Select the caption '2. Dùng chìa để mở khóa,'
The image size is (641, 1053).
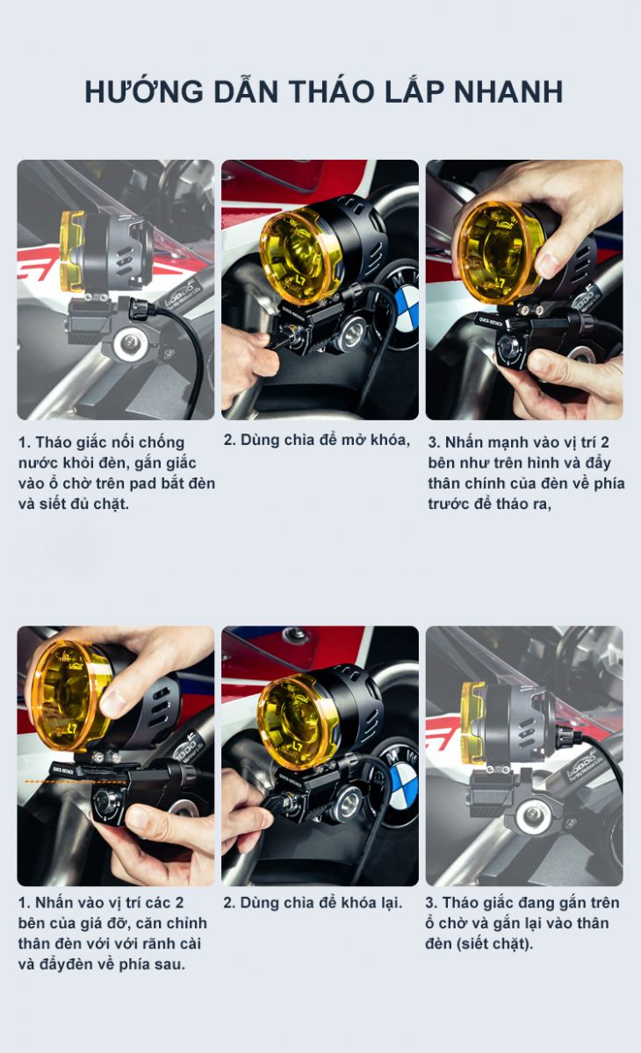click(x=317, y=440)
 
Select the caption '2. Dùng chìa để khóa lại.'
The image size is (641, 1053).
click(x=313, y=903)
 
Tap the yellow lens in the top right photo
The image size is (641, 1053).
click(x=499, y=252)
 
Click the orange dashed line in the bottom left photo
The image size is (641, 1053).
click(x=76, y=782)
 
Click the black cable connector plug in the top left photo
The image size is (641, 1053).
click(x=142, y=308)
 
